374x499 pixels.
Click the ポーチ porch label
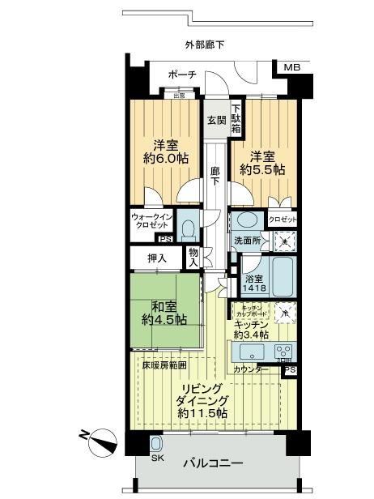pyautogui.click(x=181, y=75)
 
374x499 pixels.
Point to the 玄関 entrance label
pyautogui.click(x=215, y=121)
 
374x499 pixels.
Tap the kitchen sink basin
pyautogui.click(x=248, y=352)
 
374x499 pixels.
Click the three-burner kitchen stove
pyautogui.click(x=283, y=352)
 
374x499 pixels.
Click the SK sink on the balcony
pyautogui.click(x=156, y=443)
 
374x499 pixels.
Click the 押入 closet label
pyautogui.click(x=159, y=258)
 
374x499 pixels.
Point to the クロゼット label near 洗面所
pyautogui.click(x=282, y=220)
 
